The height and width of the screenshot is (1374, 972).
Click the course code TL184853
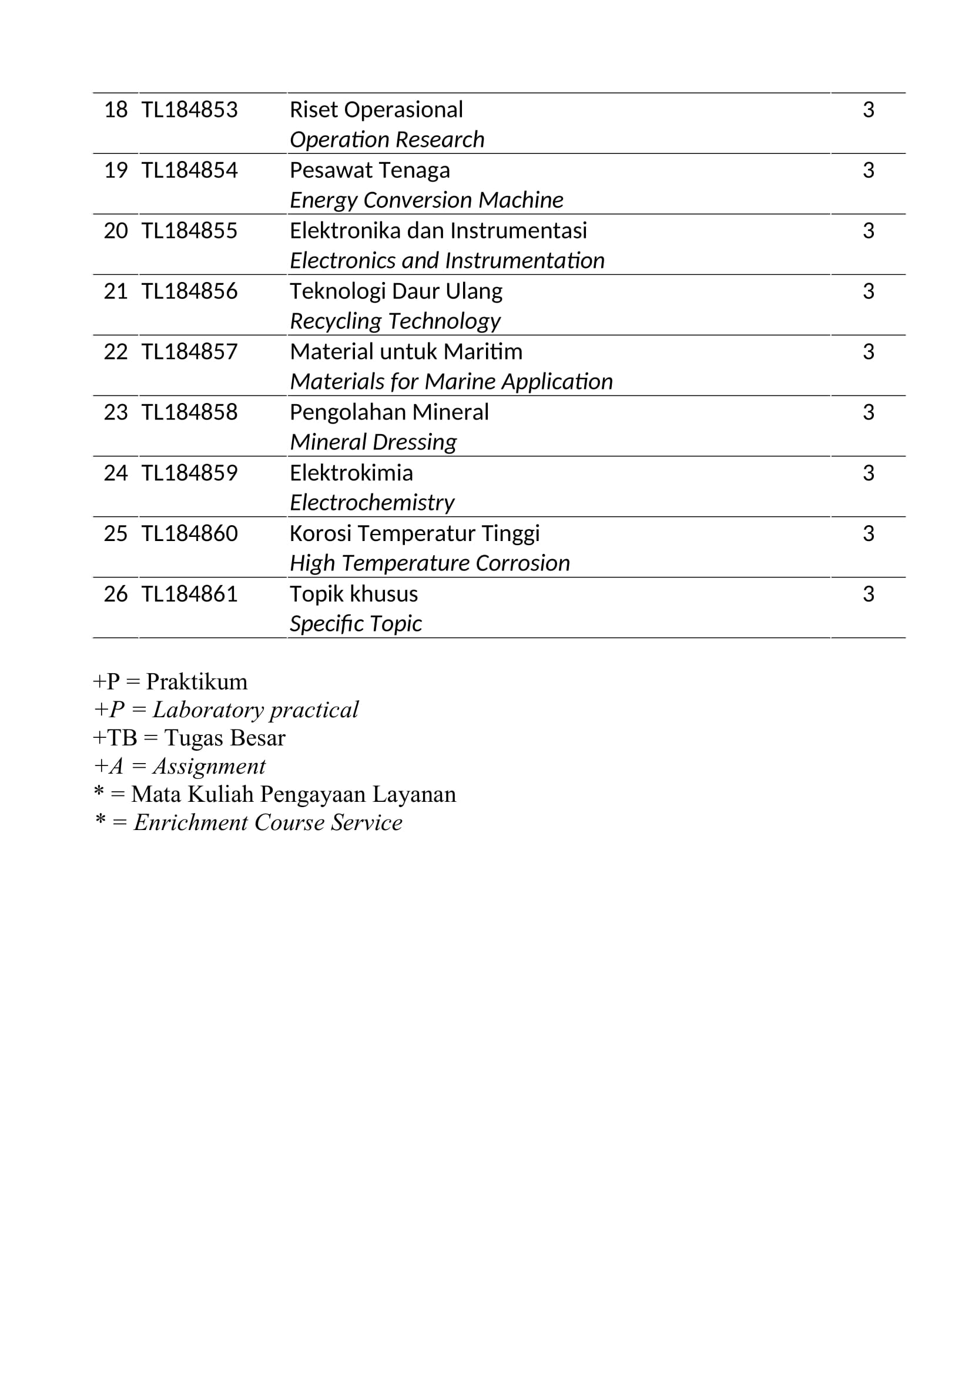pyautogui.click(x=189, y=110)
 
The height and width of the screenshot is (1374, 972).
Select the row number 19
pyautogui.click(x=116, y=170)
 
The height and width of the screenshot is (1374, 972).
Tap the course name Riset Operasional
pyautogui.click(x=376, y=110)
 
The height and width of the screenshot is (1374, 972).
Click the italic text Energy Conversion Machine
pyautogui.click(x=426, y=200)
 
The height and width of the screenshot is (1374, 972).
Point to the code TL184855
pyautogui.click(x=189, y=231)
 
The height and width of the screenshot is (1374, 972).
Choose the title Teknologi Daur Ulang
pyautogui.click(x=395, y=291)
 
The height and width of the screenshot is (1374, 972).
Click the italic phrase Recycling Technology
pyautogui.click(x=395, y=321)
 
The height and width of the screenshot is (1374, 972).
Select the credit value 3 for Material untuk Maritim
pyautogui.click(x=868, y=352)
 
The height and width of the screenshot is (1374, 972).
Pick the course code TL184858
pyautogui.click(x=189, y=412)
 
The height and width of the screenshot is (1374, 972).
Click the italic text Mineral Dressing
pyautogui.click(x=373, y=442)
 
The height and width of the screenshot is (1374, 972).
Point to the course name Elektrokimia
pyautogui.click(x=351, y=473)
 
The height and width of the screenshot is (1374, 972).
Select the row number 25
pyautogui.click(x=116, y=534)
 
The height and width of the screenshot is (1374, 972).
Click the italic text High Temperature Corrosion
pyautogui.click(x=430, y=563)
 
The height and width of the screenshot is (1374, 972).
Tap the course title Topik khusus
pyautogui.click(x=354, y=594)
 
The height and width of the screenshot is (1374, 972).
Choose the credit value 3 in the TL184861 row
pyautogui.click(x=868, y=594)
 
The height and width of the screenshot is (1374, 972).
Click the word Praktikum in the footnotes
pyautogui.click(x=196, y=681)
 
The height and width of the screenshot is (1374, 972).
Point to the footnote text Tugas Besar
pyautogui.click(x=224, y=738)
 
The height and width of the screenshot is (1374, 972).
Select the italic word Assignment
pyautogui.click(x=209, y=766)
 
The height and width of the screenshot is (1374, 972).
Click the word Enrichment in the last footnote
pyautogui.click(x=190, y=822)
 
